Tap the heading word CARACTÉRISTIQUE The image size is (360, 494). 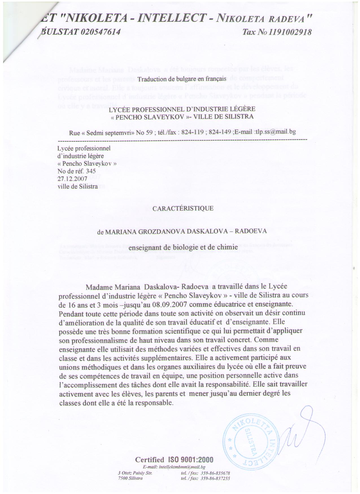click(x=183, y=209)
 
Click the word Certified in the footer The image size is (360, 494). click(x=149, y=460)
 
